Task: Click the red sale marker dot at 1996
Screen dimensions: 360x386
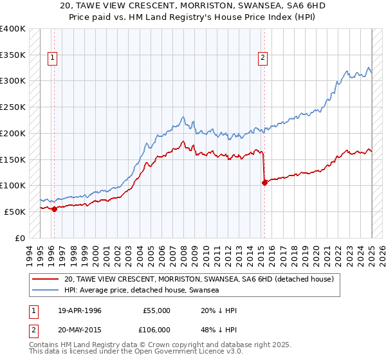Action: (x=54, y=208)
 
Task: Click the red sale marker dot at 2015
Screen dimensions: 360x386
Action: (x=264, y=182)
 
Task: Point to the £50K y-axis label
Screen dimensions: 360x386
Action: (x=15, y=212)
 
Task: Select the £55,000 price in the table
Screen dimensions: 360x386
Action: (x=156, y=310)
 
